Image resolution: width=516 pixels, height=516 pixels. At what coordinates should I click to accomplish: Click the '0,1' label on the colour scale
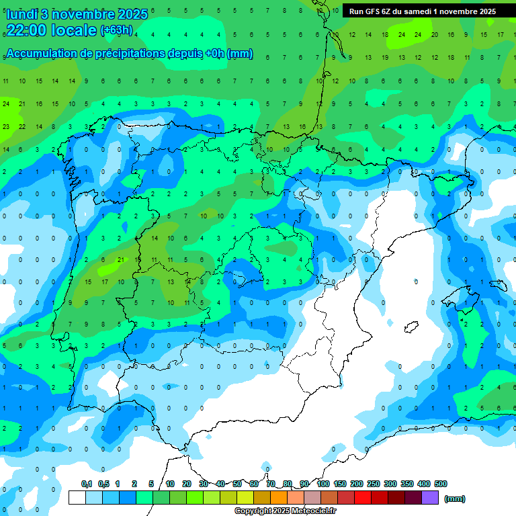pos(87,484)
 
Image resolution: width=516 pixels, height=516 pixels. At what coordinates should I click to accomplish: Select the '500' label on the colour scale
pos(441,484)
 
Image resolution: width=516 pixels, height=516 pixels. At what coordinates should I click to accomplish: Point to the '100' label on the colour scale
pos(322,484)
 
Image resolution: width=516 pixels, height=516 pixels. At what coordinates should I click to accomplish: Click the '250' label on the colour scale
pos(374,484)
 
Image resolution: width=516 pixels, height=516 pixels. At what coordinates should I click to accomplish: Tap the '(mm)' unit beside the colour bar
pos(455,499)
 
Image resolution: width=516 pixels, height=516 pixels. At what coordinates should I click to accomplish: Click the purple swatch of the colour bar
pos(431,498)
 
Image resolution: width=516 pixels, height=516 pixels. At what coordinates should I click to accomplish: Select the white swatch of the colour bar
pos(77,498)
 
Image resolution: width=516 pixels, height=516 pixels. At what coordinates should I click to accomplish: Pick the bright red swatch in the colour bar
pos(363,498)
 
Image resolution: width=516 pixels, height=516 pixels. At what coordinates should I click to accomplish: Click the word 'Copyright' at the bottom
pos(253,511)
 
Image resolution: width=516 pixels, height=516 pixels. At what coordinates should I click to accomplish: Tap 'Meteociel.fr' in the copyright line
pos(313,511)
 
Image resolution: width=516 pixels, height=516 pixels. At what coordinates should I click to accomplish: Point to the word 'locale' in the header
pos(73,30)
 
